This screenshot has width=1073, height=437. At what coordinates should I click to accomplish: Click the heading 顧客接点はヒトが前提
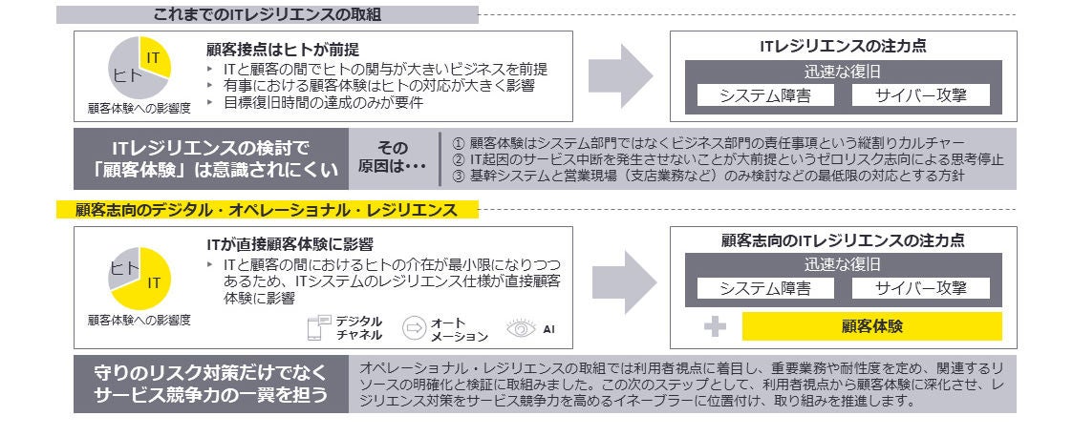tap(283, 49)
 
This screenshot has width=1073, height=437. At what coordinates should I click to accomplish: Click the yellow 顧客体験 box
tap(871, 326)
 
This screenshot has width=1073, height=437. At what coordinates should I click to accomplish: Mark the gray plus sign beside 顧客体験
tap(715, 326)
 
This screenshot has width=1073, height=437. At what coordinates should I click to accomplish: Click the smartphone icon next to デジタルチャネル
tap(317, 327)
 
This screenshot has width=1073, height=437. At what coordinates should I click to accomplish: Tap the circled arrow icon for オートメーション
tap(414, 327)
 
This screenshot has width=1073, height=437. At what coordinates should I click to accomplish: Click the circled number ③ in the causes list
tap(458, 176)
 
